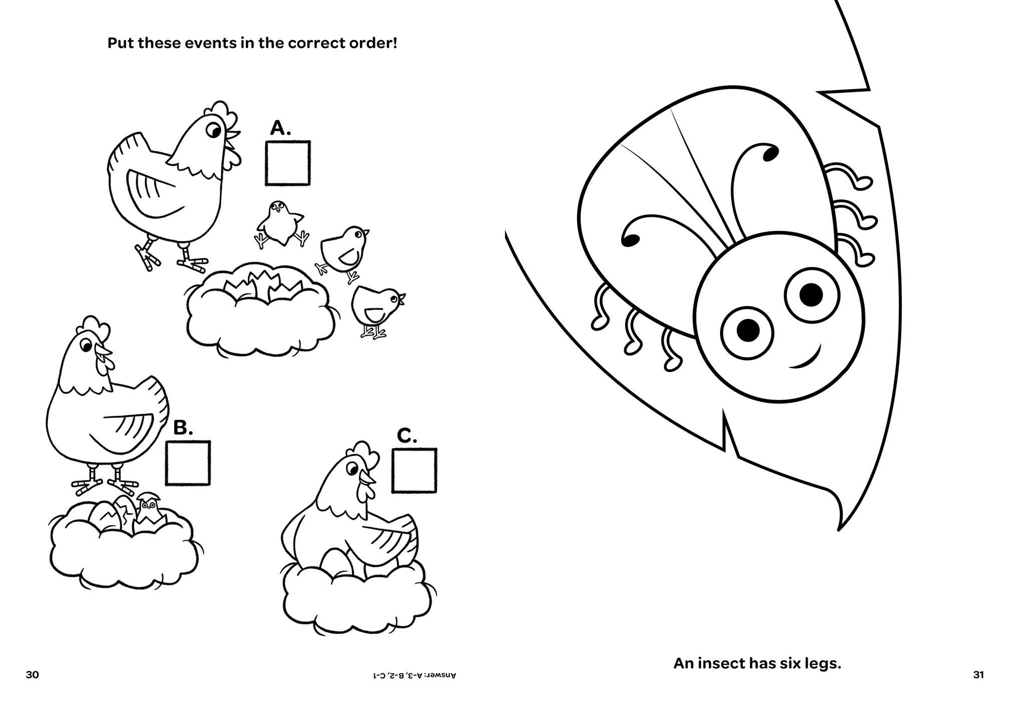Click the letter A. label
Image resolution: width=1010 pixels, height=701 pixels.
280,128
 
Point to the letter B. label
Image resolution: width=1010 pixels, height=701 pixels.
183,428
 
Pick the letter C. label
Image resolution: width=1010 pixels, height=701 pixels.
407,436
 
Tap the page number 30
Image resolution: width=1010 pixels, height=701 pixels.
32,674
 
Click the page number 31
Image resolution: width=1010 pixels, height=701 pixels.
978,674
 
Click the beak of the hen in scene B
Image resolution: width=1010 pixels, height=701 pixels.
105,351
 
